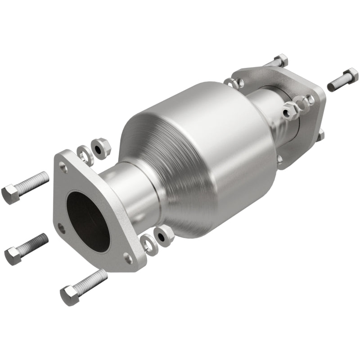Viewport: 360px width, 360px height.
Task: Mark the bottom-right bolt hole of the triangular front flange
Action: click(x=128, y=258)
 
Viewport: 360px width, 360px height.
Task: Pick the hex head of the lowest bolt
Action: click(x=69, y=296)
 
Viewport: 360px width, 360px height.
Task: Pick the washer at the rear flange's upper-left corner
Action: click(x=231, y=82)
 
